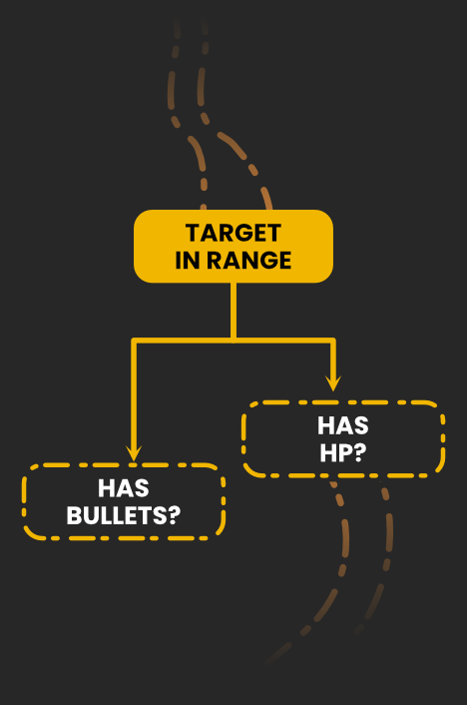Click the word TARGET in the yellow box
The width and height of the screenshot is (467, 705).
pyautogui.click(x=233, y=233)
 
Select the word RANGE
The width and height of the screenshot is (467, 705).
pyautogui.click(x=249, y=261)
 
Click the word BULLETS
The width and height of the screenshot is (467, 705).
pyautogui.click(x=118, y=515)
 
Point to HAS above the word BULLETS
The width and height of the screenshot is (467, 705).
pyautogui.click(x=124, y=488)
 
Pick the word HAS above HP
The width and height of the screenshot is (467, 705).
pyautogui.click(x=343, y=425)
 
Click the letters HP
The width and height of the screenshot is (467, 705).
pyautogui.click(x=336, y=452)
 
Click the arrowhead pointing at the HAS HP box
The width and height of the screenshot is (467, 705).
pyautogui.click(x=333, y=383)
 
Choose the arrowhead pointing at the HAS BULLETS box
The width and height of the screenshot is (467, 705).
pyautogui.click(x=134, y=453)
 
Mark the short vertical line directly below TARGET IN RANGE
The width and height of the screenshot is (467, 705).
pyautogui.click(x=233, y=311)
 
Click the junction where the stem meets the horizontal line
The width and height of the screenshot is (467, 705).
pyautogui.click(x=233, y=341)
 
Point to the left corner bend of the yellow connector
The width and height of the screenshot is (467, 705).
pyautogui.click(x=134, y=341)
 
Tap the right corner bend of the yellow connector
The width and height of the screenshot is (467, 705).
pyautogui.click(x=332, y=341)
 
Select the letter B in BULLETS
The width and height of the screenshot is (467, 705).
pyautogui.click(x=75, y=515)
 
